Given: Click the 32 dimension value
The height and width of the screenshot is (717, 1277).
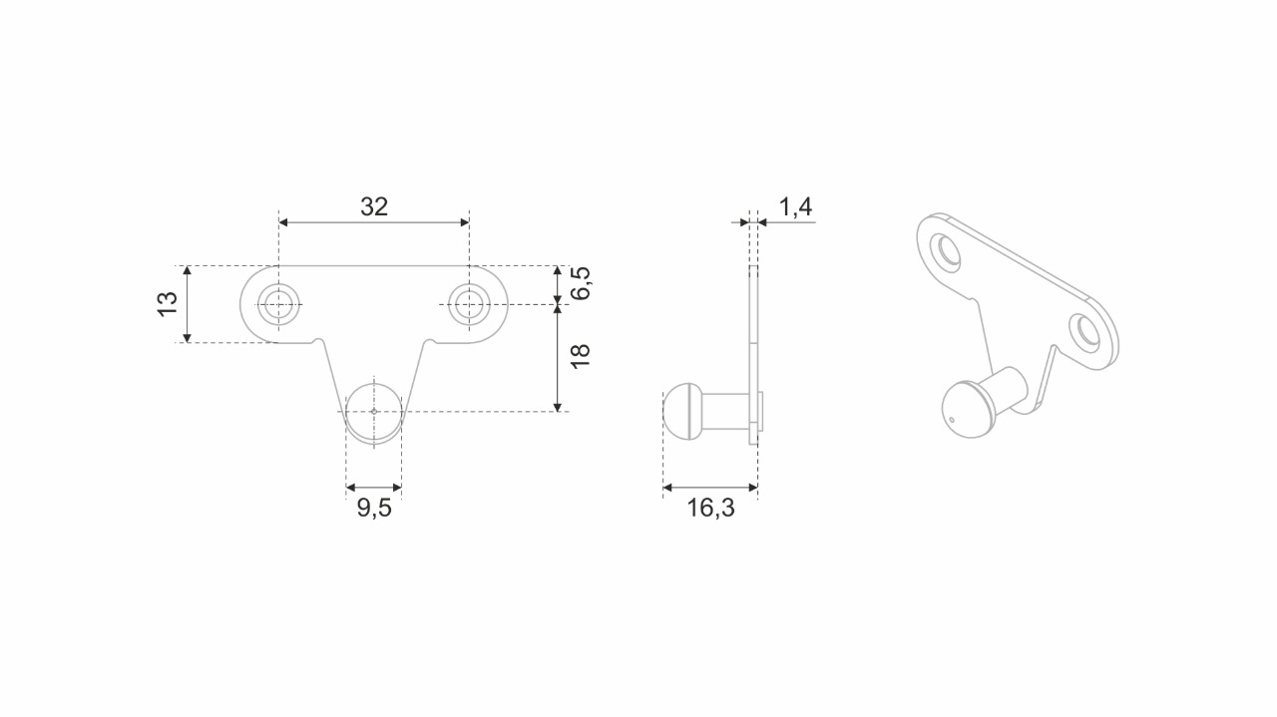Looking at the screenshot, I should [374, 206].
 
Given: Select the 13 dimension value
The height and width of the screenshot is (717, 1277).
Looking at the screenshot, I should [167, 304].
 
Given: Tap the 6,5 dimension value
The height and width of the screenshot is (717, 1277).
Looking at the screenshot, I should [582, 283].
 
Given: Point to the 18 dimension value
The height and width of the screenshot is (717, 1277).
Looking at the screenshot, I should [582, 356].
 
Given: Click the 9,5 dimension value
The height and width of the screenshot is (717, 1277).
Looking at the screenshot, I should [374, 509].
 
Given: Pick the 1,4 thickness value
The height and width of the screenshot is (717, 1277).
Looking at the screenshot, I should [795, 207].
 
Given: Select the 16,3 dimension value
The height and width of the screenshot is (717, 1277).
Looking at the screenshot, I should [710, 509].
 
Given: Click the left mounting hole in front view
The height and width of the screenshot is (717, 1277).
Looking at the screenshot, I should [278, 303].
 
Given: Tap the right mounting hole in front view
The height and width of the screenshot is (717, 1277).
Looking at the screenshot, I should [468, 303].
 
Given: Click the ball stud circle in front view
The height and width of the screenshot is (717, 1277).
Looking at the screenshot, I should [373, 411].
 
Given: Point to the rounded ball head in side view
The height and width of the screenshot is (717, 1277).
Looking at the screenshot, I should [674, 411].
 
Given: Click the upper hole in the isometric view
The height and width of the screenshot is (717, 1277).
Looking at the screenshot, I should [945, 250].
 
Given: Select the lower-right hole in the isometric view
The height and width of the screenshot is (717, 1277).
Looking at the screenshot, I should [1084, 332].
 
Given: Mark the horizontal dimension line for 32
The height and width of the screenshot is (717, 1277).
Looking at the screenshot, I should [374, 222].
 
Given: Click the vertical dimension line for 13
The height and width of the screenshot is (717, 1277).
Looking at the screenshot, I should [187, 304].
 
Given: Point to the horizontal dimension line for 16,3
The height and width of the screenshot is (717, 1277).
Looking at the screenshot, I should [710, 488].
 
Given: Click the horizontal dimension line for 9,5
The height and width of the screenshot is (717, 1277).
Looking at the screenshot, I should [373, 488].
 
